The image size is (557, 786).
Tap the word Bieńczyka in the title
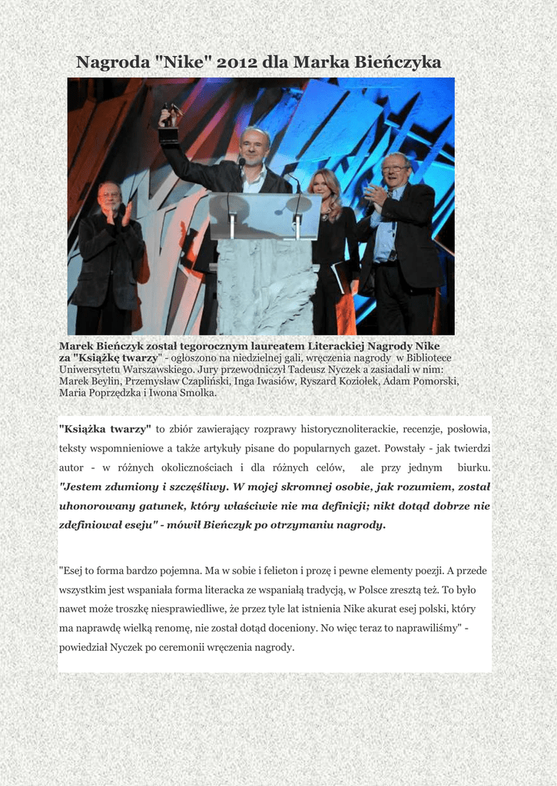coord(397,62)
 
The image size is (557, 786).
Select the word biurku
coord(473,467)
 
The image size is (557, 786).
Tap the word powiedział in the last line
coord(83,647)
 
